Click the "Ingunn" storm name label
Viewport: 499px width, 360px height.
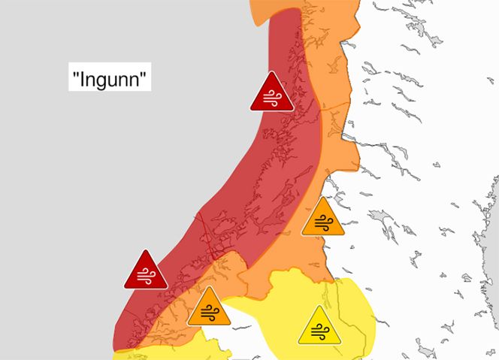tap(110, 77)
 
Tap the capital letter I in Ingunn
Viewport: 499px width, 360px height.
tap(81, 77)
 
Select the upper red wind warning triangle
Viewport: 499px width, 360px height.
tap(272, 93)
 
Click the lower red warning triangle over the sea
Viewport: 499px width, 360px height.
tap(146, 271)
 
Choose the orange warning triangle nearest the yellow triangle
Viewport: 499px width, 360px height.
tap(208, 308)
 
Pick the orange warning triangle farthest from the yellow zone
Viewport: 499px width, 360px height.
tap(323, 218)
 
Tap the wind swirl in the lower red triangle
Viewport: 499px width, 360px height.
tap(146, 276)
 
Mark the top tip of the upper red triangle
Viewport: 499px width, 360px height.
tap(272, 74)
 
